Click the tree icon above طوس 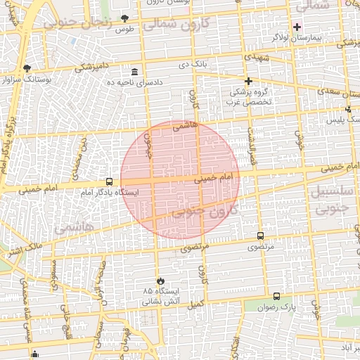tap(125, 18)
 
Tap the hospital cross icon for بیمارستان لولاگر tap(297, 27)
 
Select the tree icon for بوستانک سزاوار tap(27, 68)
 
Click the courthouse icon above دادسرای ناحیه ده tap(134, 72)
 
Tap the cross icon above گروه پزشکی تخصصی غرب tap(248, 81)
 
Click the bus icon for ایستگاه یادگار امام tap(108, 181)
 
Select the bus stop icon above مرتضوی tap(261, 236)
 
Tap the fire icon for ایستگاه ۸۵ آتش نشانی tap(160, 280)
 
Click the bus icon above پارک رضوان tap(276, 296)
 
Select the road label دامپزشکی tap(92, 67)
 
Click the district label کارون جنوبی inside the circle tap(205, 210)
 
